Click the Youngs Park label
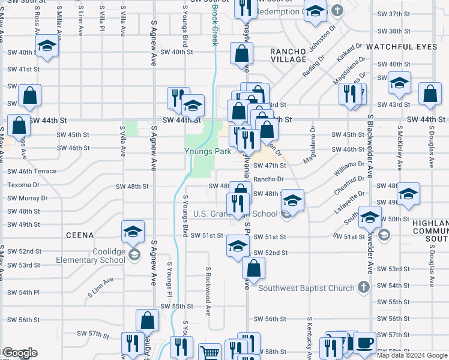pyautogui.click(x=208, y=152)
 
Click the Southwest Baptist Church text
pyautogui.click(x=306, y=289)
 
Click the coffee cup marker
pyautogui.click(x=364, y=344)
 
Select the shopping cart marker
pyautogui.click(x=209, y=353)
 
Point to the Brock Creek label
pyautogui.click(x=214, y=27)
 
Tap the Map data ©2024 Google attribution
pyautogui.click(x=412, y=355)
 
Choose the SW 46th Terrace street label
pyautogui.click(x=32, y=172)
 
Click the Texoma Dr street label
pyautogui.click(x=23, y=185)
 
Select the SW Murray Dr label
pyautogui.click(x=27, y=198)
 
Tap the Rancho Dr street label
pyautogui.click(x=268, y=179)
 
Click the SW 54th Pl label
pyautogui.click(x=23, y=292)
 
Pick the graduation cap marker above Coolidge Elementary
pyautogui.click(x=133, y=232)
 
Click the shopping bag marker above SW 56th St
pyautogui.click(x=148, y=322)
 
